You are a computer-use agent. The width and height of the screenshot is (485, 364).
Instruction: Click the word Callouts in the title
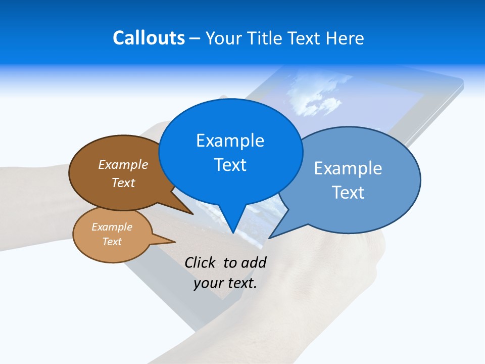tap(149, 38)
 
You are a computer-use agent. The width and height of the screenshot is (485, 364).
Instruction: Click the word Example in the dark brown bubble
tap(123, 164)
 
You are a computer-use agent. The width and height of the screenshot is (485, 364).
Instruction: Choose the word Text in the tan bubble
tap(112, 242)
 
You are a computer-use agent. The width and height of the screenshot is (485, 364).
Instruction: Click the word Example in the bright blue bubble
tap(230, 141)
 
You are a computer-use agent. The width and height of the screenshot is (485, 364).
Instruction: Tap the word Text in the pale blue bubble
tap(348, 193)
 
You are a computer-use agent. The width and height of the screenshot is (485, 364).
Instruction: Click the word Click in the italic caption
tap(200, 262)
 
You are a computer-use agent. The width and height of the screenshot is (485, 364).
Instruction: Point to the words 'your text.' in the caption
tap(225, 283)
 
